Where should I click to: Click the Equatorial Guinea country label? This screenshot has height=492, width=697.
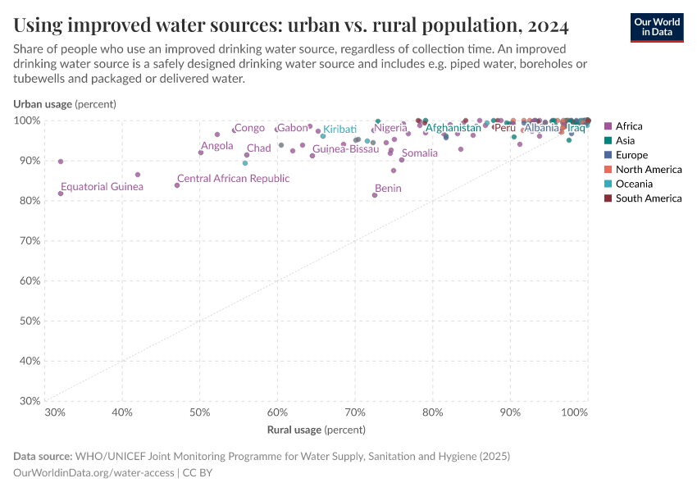pos(102,187)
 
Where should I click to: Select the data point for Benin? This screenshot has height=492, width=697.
pos(375,195)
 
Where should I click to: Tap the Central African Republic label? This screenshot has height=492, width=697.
pos(233,179)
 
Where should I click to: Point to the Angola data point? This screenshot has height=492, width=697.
pos(201,153)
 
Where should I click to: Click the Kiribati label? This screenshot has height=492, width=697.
pos(339,130)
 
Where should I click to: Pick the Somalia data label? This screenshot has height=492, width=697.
pos(420,153)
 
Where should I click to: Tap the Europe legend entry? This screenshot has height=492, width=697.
pos(631,155)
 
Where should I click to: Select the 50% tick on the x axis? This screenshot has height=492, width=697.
pos(199,412)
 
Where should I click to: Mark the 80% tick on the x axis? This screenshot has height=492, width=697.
pos(432,412)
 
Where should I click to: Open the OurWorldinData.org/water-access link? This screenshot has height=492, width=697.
pos(93,472)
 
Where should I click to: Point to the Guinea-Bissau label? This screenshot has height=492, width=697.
pos(346,149)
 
